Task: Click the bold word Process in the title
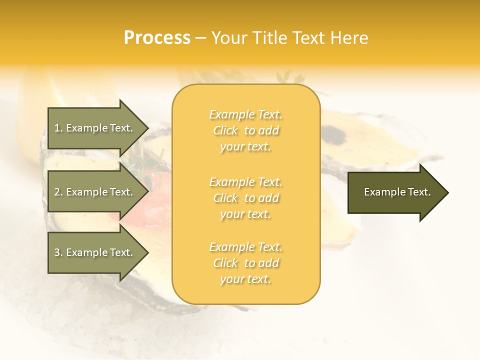click(157, 38)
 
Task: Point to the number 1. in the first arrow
click(58, 128)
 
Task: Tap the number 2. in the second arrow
click(58, 192)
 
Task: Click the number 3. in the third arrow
click(58, 252)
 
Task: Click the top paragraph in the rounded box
click(245, 130)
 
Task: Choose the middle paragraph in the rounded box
click(245, 198)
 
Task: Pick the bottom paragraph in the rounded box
click(245, 263)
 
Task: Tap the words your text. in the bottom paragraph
click(245, 279)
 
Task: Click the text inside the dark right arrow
click(397, 192)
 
